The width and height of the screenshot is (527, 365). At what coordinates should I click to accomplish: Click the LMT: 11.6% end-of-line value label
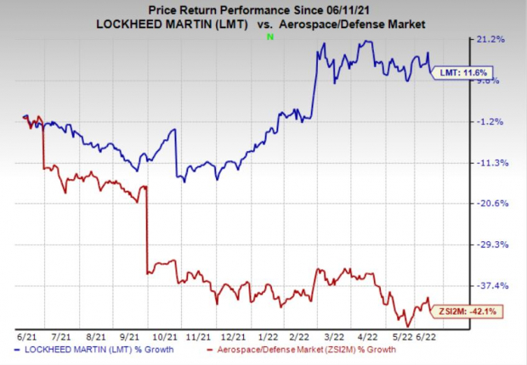(x=463, y=73)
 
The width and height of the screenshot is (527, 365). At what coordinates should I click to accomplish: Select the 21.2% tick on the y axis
(x=493, y=39)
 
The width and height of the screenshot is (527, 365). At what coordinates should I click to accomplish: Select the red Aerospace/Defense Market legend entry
(x=280, y=349)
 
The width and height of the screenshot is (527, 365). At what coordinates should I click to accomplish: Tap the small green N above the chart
(x=270, y=36)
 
